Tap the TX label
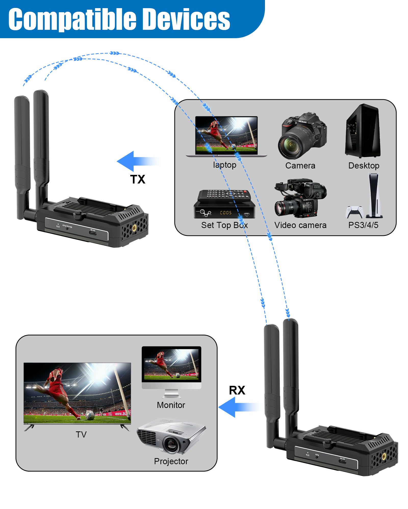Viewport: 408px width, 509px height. coord(137,179)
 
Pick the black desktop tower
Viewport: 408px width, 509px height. coord(363,131)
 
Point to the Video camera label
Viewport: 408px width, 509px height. coord(300,225)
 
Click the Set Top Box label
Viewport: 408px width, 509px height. coord(224,225)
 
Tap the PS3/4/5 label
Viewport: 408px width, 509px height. coord(363,225)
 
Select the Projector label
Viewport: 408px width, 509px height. coord(171,461)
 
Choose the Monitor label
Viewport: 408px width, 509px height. coord(171,405)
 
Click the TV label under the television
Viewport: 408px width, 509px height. coord(81,434)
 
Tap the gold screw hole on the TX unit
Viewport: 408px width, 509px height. coord(134,228)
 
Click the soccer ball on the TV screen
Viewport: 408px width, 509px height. coord(90,415)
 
